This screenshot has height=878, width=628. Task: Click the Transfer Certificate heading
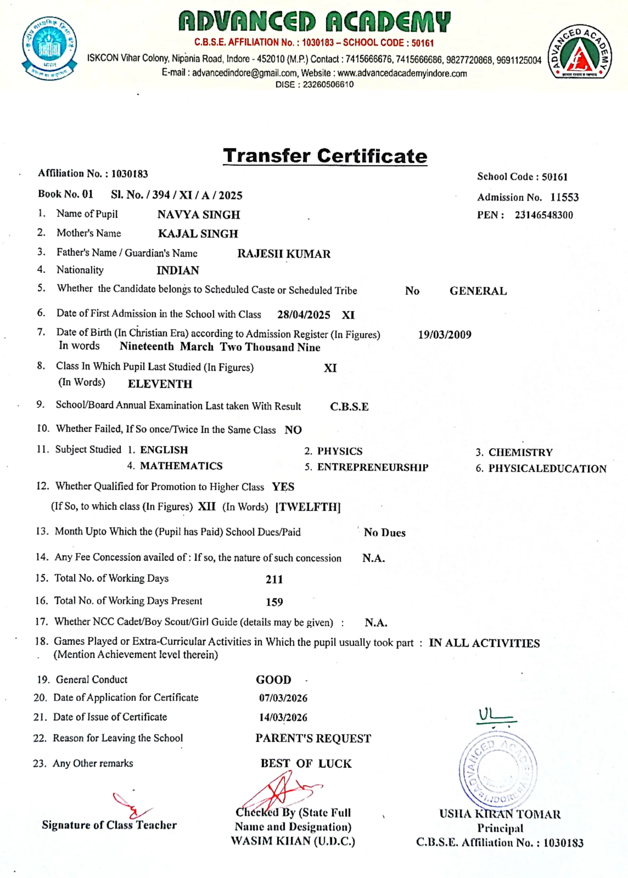pyautogui.click(x=325, y=156)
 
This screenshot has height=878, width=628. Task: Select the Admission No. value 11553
pyautogui.click(x=564, y=198)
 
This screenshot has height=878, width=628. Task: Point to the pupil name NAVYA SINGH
pyautogui.click(x=199, y=215)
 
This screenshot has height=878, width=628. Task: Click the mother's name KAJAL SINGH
pyautogui.click(x=198, y=234)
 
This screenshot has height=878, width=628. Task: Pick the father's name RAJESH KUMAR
pyautogui.click(x=284, y=254)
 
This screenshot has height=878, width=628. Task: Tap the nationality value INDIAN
pyautogui.click(x=178, y=271)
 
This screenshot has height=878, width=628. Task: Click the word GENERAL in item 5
pyautogui.click(x=478, y=291)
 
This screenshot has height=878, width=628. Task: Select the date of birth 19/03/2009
pyautogui.click(x=444, y=335)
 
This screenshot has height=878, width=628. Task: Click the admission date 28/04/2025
pyautogui.click(x=304, y=315)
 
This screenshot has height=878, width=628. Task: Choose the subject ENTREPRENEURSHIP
pyautogui.click(x=372, y=467)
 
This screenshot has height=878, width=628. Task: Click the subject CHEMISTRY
pyautogui.click(x=521, y=452)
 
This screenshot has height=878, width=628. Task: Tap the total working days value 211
pyautogui.click(x=274, y=579)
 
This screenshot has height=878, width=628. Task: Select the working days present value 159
pyautogui.click(x=274, y=602)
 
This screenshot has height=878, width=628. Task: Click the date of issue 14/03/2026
pyautogui.click(x=283, y=717)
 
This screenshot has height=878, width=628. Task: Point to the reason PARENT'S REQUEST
pyautogui.click(x=313, y=738)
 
